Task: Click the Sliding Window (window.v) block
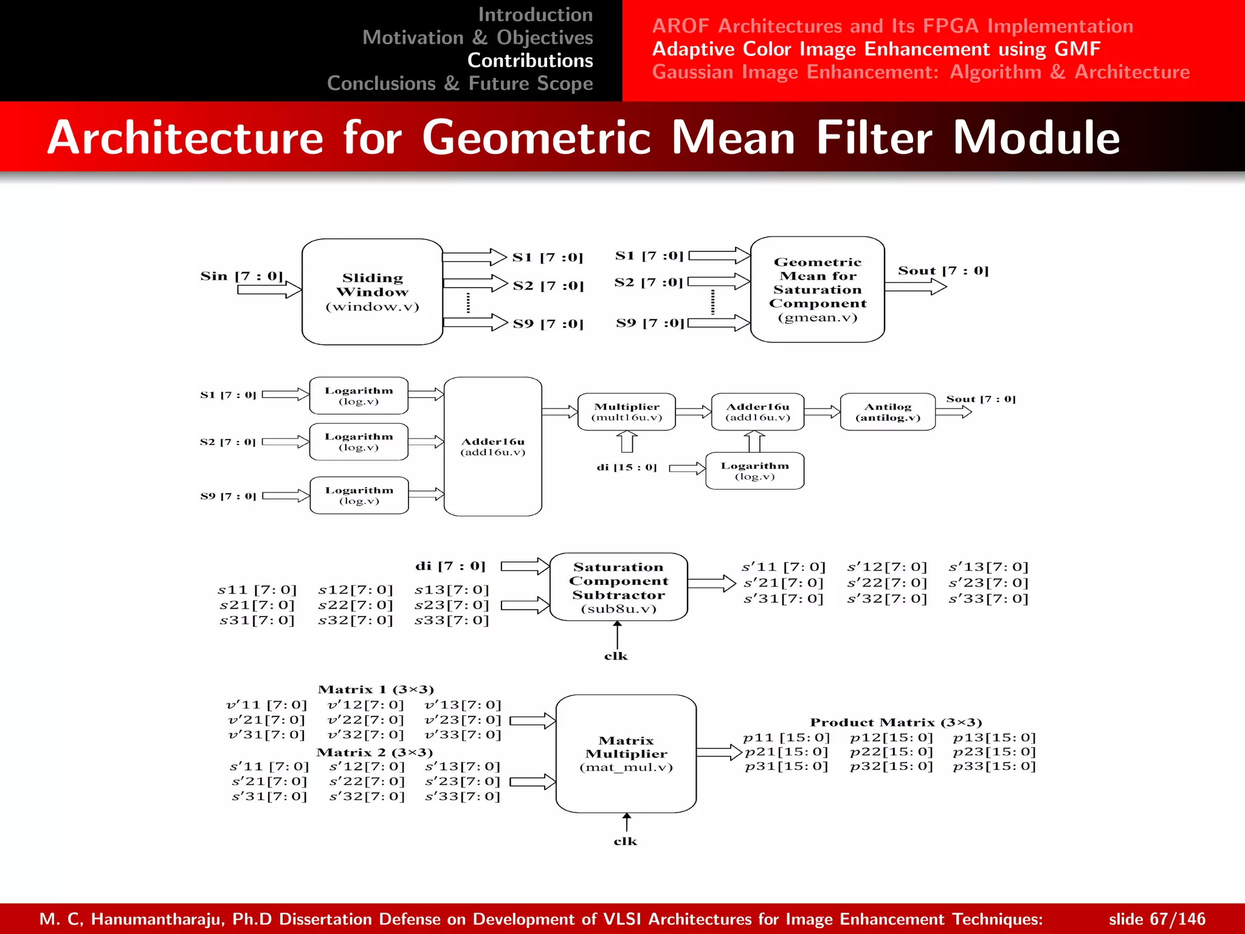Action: click(x=372, y=292)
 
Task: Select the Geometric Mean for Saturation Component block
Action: click(x=817, y=289)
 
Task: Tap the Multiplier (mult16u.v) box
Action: click(x=626, y=412)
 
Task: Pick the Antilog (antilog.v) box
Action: click(x=888, y=412)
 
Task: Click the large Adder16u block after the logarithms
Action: click(x=492, y=446)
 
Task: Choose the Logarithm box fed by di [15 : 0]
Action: click(x=754, y=471)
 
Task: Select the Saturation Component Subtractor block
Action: click(x=618, y=587)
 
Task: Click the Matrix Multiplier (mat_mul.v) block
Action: click(x=626, y=753)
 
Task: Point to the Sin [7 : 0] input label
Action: click(x=241, y=276)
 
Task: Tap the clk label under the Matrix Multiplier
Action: click(x=625, y=841)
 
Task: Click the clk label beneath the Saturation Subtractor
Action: click(x=616, y=656)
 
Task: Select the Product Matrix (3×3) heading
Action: click(x=895, y=722)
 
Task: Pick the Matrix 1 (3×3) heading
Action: click(x=376, y=690)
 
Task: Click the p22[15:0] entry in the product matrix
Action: click(x=891, y=752)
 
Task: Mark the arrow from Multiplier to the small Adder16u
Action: click(x=693, y=412)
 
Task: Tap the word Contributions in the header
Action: click(x=530, y=60)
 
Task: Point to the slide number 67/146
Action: click(x=1156, y=919)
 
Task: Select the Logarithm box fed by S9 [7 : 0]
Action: click(x=359, y=496)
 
